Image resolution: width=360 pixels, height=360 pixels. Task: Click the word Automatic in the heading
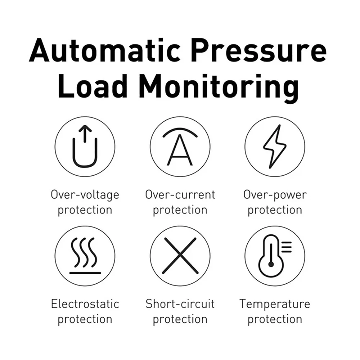point(105,50)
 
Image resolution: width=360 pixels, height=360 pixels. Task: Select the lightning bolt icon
point(275,147)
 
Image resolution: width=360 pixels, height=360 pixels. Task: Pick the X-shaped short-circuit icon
point(180,256)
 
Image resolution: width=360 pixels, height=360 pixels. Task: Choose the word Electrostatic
point(85,304)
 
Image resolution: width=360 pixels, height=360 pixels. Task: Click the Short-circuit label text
point(180,304)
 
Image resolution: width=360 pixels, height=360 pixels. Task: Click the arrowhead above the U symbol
point(85,128)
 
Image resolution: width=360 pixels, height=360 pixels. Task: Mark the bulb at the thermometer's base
point(271,265)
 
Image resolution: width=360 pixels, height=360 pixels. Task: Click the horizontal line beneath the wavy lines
point(85,273)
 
